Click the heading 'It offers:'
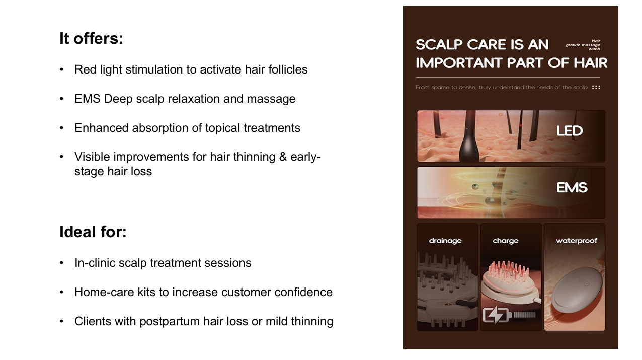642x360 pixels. (91, 38)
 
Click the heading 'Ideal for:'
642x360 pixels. (93, 232)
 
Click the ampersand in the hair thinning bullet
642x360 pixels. (283, 157)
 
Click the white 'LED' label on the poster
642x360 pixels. (569, 131)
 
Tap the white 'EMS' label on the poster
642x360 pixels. (572, 188)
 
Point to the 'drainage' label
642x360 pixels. (445, 241)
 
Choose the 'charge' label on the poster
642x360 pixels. (505, 241)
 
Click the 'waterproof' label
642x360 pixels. (577, 241)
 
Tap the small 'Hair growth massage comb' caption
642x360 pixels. (583, 45)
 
